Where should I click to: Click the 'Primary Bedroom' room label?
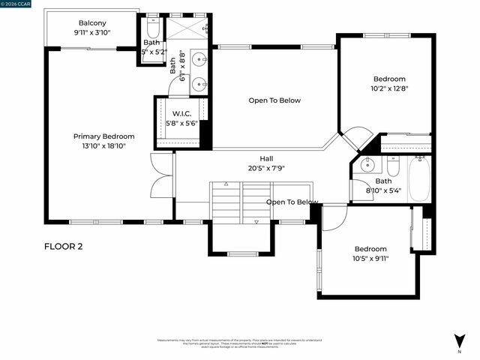[103, 136]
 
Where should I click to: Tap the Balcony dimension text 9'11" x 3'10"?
[92, 33]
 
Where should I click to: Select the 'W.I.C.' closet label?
[181, 113]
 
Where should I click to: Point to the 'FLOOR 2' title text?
[64, 246]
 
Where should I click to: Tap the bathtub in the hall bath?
[418, 178]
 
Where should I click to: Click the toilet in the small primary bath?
[151, 32]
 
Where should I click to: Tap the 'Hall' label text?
[266, 158]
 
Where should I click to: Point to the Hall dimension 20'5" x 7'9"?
[266, 168]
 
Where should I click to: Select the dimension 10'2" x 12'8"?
[389, 88]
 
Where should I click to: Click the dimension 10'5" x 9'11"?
[370, 259]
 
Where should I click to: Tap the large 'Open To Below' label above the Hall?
[274, 100]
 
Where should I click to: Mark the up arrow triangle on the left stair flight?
[223, 184]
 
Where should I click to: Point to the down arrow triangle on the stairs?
[256, 222]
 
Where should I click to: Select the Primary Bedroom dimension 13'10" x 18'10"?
[103, 146]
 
